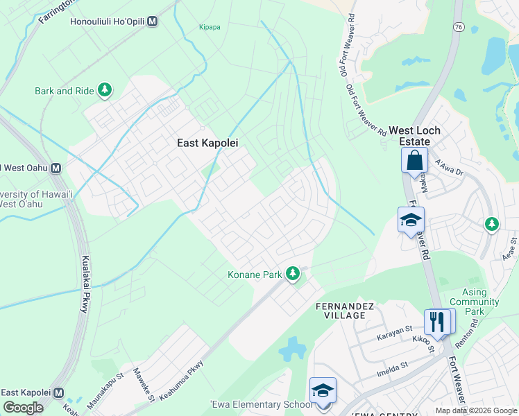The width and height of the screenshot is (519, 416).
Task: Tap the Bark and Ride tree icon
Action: [x=105, y=90]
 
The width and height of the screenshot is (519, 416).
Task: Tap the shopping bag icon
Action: [x=414, y=161]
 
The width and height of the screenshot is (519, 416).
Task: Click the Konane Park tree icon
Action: [x=293, y=275]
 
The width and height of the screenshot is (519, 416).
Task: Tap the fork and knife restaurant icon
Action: [x=437, y=321]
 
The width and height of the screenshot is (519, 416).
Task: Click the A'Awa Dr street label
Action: [x=448, y=169]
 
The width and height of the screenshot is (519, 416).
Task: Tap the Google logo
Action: [x=23, y=408]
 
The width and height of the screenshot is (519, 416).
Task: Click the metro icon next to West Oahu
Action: [x=55, y=168]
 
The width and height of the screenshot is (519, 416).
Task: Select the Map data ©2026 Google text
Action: [x=475, y=410]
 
